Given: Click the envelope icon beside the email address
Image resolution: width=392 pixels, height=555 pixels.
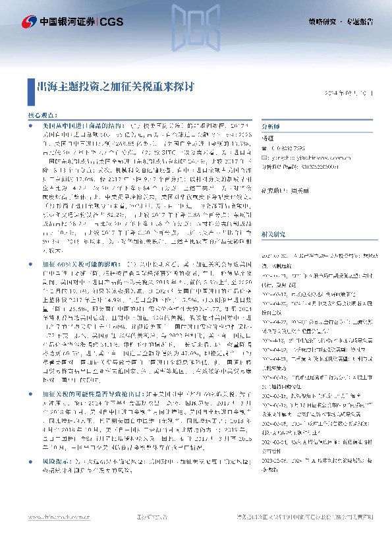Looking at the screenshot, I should (265, 158).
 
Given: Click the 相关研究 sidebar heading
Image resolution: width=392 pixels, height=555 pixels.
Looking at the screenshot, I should (273, 216).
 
